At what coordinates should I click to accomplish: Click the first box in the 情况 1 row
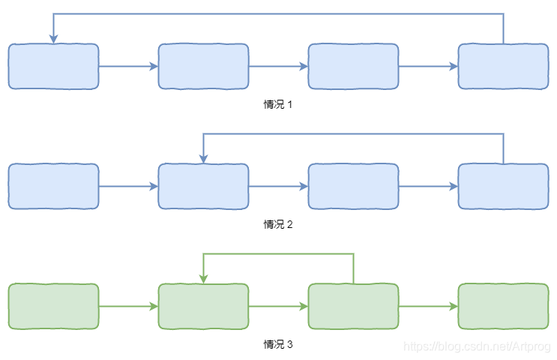point(53,67)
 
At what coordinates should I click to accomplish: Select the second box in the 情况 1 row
point(203,67)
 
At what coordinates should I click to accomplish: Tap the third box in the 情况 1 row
point(353,67)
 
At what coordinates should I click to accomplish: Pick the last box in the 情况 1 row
point(503,67)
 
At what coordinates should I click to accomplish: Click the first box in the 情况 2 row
point(53,187)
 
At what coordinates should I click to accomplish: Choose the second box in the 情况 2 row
point(203,187)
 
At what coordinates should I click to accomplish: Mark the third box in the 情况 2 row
point(353,187)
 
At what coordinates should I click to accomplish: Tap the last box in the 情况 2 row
point(503,187)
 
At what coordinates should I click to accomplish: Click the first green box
point(53,307)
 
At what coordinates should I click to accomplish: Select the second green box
point(203,307)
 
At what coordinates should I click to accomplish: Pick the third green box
point(353,307)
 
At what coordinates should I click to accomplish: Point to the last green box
point(503,307)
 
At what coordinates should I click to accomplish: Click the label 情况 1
point(278,104)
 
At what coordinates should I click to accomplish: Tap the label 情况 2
point(278,224)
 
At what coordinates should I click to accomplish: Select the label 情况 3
point(278,344)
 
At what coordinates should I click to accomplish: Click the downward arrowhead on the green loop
point(203,279)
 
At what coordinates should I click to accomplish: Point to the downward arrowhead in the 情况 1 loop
point(53,39)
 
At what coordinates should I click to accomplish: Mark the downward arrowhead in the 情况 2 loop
point(203,159)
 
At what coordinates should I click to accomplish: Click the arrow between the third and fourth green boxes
point(428,307)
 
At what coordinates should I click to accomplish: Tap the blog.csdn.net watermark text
point(477,346)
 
